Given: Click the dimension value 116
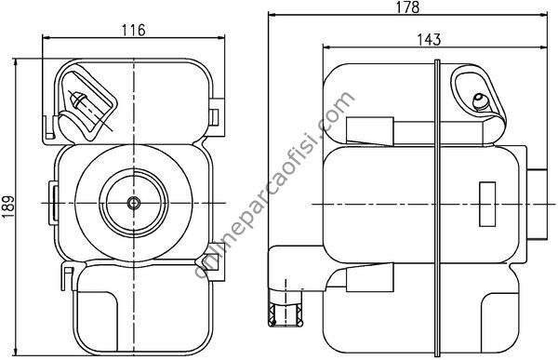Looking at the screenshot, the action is pos(134,31).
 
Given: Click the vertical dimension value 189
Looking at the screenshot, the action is pos(7,207).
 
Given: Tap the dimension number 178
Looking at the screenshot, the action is pos(408,7).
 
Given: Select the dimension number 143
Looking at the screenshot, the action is pos(429,39).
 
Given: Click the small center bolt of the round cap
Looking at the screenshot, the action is pos(134,203).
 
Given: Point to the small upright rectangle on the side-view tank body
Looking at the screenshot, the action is pos(487,204).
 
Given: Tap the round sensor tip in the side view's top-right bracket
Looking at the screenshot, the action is pos(481,101).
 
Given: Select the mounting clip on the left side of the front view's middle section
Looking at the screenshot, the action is pos(53,203).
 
